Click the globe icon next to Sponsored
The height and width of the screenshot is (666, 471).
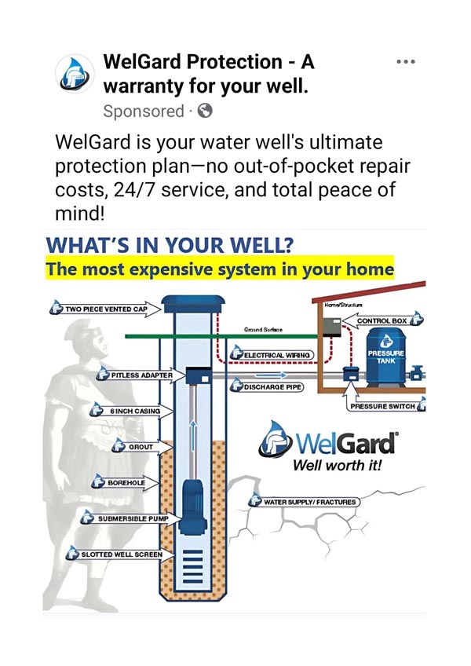pyautogui.click(x=204, y=112)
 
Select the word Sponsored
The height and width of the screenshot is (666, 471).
pyautogui.click(x=143, y=112)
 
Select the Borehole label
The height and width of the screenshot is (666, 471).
pyautogui.click(x=126, y=481)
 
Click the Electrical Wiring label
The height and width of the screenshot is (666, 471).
pyautogui.click(x=274, y=356)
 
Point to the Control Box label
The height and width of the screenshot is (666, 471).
pyautogui.click(x=385, y=320)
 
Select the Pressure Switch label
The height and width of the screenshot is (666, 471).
pyautogui.click(x=384, y=407)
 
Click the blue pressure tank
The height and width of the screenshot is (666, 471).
pyautogui.click(x=385, y=360)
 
